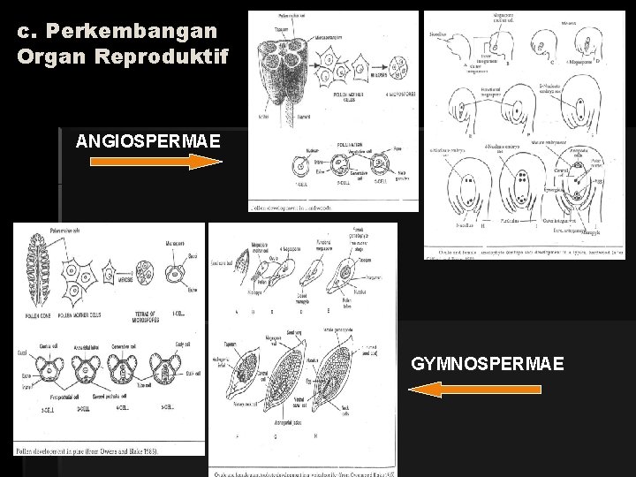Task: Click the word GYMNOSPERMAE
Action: [487, 363]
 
